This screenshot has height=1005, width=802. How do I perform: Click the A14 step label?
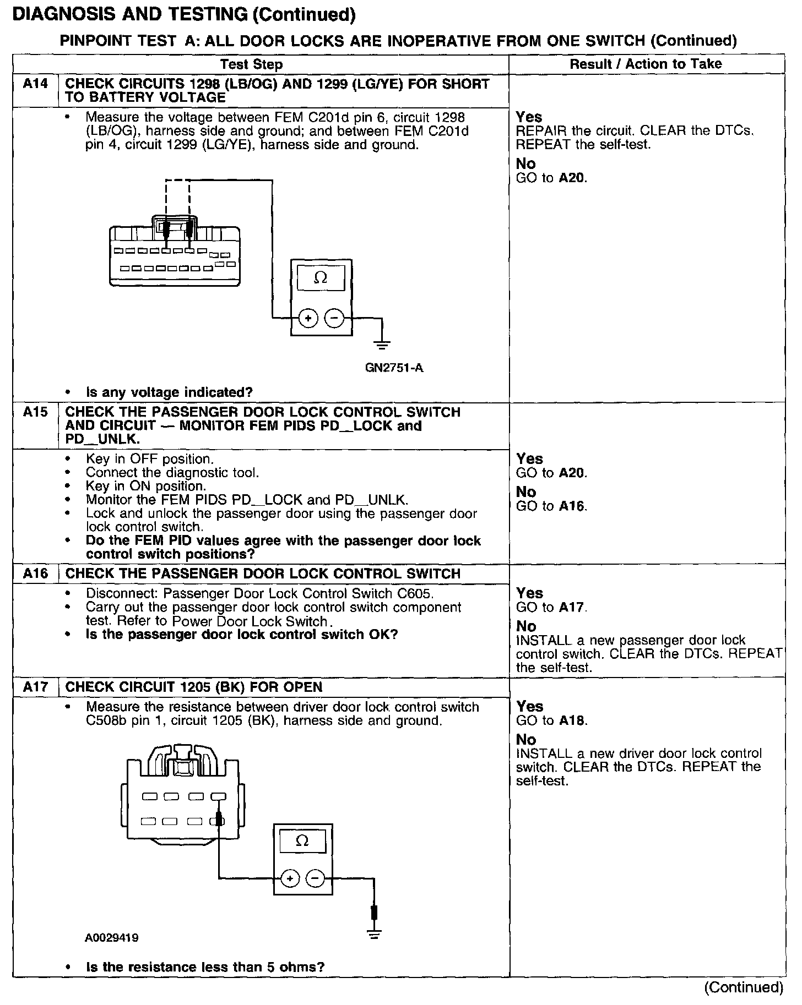coord(35,84)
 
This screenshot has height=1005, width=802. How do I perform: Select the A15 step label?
coord(35,412)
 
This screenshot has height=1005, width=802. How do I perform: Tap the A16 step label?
coord(35,573)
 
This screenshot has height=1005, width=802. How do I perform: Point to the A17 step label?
coord(35,687)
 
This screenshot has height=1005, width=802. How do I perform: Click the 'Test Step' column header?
coord(252,64)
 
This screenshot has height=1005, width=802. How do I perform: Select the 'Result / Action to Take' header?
coord(646,64)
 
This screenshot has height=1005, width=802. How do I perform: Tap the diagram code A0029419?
coord(112,937)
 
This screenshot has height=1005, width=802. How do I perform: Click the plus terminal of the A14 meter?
coord(308,318)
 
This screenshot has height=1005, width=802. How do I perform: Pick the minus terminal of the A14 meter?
coord(334,318)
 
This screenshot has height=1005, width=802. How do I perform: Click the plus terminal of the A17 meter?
coord(290,878)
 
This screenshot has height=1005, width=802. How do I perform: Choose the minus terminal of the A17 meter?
coord(315,878)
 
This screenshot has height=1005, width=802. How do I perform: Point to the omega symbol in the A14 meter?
coord(321,278)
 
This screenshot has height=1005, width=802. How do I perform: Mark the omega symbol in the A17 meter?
coord(302,840)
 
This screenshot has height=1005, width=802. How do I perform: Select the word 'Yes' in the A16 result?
coord(529,593)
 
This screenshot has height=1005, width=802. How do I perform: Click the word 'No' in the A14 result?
coord(525,164)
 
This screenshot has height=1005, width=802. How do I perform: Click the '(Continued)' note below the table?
coord(743,987)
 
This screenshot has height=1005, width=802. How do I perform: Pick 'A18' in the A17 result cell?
coord(572,720)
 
